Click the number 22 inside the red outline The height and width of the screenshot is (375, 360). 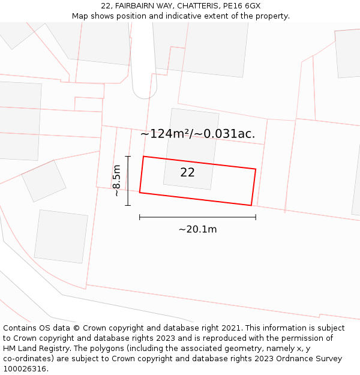(x=187, y=173)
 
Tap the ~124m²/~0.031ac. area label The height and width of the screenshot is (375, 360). (x=197, y=134)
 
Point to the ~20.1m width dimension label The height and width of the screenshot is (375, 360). (x=197, y=229)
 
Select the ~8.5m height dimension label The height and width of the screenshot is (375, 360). (x=117, y=181)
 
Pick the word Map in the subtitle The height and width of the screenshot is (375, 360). (x=80, y=16)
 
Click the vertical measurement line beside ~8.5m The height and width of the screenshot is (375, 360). (x=128, y=181)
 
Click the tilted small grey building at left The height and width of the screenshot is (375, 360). (x=44, y=181)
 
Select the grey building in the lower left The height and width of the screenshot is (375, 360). (x=61, y=236)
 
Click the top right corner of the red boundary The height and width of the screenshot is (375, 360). (x=256, y=169)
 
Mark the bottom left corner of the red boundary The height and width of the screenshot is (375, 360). (x=140, y=193)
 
